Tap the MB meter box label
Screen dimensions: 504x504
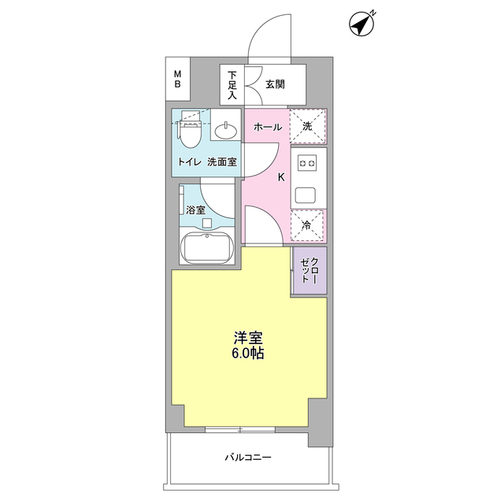tap(178, 80)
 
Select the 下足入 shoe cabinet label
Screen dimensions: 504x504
tap(232, 85)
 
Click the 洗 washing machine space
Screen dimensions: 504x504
tap(308, 125)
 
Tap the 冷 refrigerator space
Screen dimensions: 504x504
tap(308, 226)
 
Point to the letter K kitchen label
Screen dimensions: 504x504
tap(281, 177)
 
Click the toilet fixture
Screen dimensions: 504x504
tap(190, 130)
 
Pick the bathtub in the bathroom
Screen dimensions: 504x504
tap(207, 249)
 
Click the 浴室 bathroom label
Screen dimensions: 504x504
tap(195, 210)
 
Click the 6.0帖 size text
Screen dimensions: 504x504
tap(248, 354)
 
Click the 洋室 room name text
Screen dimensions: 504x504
tap(248, 337)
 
